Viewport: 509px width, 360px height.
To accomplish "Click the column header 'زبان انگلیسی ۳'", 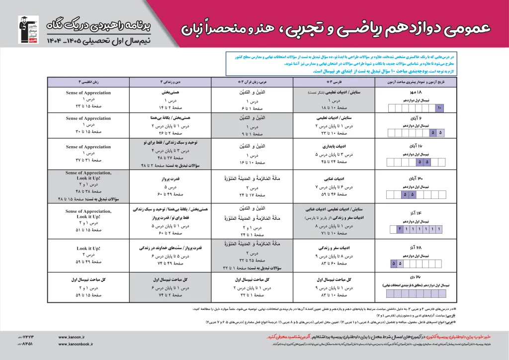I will coord(88,82).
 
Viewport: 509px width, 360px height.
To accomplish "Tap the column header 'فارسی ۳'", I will coord(335,82).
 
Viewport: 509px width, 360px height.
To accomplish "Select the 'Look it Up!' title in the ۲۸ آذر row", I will coord(88,248).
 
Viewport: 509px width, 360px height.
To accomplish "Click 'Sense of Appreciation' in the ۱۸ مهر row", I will coord(88,93).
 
